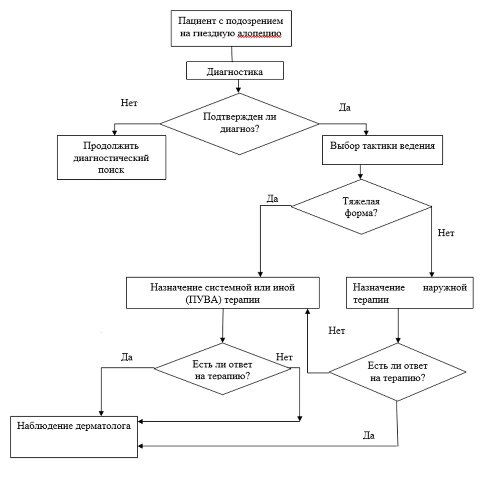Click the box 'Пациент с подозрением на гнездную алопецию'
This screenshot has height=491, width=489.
(231, 29)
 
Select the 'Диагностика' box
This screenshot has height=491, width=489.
(235, 70)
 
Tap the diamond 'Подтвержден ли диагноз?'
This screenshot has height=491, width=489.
(239, 124)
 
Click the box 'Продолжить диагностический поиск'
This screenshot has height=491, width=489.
(111, 158)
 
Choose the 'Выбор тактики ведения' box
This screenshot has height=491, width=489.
(383, 150)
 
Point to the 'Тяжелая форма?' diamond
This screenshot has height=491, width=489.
(361, 207)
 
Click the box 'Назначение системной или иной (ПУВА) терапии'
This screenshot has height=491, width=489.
(222, 293)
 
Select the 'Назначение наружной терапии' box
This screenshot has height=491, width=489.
(410, 293)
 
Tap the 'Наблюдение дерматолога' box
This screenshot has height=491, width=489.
(74, 437)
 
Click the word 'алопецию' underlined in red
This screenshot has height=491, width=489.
(259, 34)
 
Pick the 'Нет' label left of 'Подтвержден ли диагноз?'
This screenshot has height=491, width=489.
(129, 103)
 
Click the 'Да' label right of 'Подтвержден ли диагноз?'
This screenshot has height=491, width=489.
(345, 108)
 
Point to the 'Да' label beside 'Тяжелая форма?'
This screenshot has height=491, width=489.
(272, 199)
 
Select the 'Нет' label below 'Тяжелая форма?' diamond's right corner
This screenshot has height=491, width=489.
(446, 233)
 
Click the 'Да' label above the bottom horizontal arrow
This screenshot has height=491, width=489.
(369, 436)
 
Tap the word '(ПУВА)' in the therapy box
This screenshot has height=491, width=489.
(203, 300)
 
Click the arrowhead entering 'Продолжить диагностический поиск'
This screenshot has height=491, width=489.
(114, 133)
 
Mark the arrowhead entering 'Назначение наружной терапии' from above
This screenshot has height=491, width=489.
(432, 275)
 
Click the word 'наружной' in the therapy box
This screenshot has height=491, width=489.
(445, 288)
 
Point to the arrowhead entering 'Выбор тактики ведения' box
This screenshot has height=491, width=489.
(366, 133)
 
